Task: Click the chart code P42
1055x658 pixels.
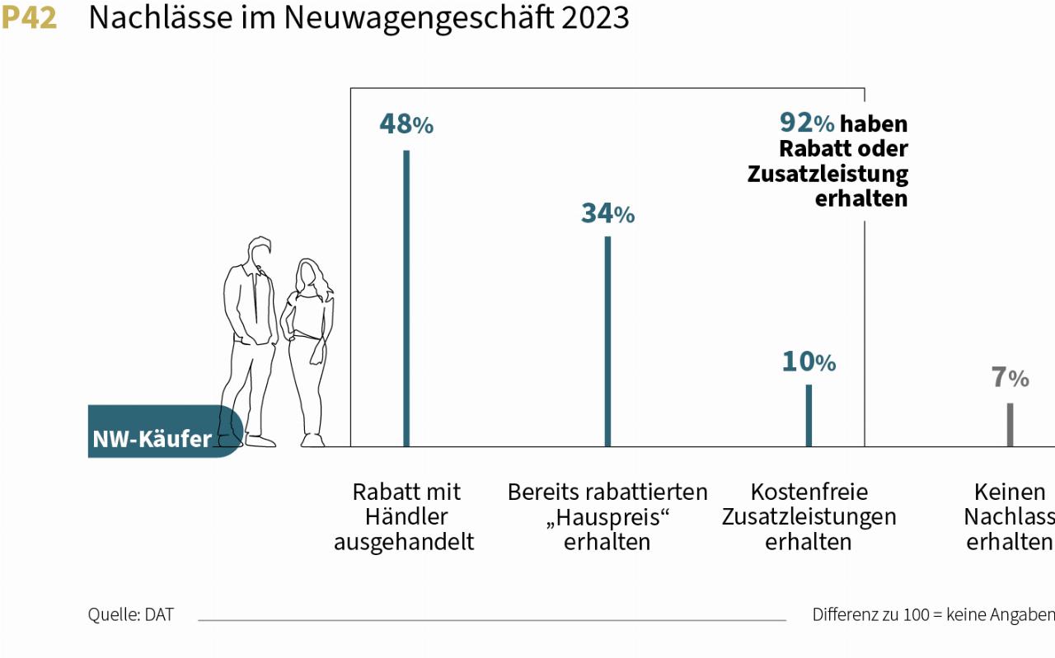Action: click(30, 17)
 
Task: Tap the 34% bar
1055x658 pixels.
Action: click(607, 341)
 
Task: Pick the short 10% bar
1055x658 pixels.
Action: click(809, 415)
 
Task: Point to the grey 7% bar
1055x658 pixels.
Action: click(1010, 424)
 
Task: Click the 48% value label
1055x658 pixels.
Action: click(406, 124)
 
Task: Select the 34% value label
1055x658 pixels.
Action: click(607, 213)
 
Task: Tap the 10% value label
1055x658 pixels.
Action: click(809, 362)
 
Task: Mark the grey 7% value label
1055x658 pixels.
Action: click(1010, 378)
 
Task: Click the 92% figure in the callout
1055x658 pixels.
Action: click(807, 123)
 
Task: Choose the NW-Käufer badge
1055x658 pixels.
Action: click(152, 438)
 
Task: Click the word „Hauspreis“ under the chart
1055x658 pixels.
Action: click(607, 517)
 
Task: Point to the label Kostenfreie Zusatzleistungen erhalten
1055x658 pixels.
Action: click(809, 516)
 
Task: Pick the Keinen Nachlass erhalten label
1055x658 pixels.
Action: click(1010, 516)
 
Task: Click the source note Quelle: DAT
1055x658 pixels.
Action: click(131, 614)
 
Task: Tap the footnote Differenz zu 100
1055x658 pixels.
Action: click(932, 614)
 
